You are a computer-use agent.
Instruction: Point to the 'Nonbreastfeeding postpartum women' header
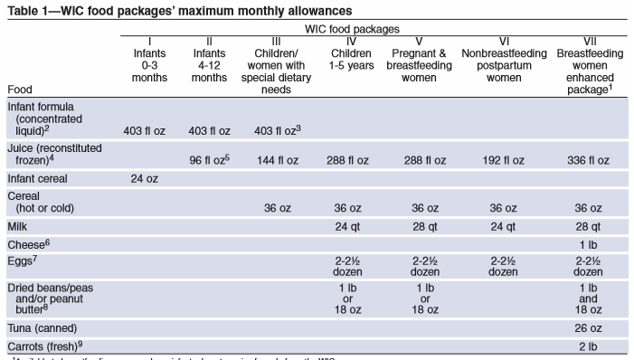503,60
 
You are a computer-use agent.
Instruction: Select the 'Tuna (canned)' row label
42,327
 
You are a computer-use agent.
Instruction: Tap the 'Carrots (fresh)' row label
45,345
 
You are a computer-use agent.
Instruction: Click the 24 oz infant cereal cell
147,178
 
